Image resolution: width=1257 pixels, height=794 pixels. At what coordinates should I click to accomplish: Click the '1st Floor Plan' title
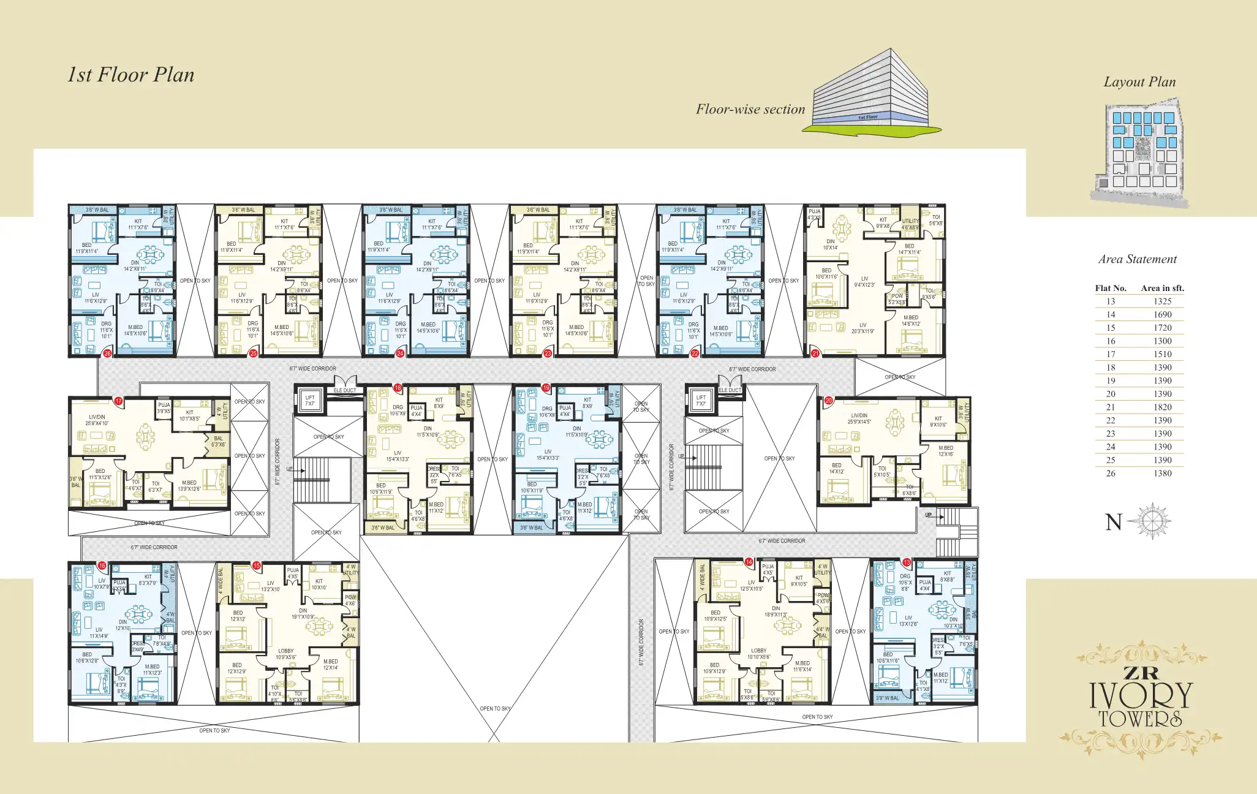(x=130, y=75)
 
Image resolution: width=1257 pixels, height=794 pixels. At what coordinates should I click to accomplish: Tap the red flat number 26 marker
(x=107, y=354)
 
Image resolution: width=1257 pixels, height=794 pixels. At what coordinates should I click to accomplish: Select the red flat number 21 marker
(x=815, y=354)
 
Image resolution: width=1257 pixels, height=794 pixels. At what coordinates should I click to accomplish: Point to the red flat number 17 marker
(x=119, y=401)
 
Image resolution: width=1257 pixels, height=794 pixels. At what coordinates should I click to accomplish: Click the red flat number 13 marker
(x=907, y=562)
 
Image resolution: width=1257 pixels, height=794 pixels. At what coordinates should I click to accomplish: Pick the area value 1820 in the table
(x=1162, y=407)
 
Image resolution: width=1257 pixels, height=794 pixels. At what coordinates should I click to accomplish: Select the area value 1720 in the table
(x=1162, y=328)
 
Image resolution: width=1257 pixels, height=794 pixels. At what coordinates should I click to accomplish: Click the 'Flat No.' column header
(x=1111, y=288)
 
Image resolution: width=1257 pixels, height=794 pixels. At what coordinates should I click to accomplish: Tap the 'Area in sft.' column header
(x=1162, y=288)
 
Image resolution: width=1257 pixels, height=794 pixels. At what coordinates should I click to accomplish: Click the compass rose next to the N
(x=1152, y=521)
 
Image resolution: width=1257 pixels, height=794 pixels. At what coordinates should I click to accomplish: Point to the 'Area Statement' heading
(x=1137, y=259)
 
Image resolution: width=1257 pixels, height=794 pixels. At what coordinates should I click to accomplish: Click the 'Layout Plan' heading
(x=1139, y=82)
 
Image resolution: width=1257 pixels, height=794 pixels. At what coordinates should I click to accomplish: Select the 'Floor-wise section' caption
(x=750, y=109)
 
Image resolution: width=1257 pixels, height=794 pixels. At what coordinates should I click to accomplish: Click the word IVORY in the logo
(x=1141, y=695)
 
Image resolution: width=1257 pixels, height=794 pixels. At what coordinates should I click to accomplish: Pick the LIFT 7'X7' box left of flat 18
(x=310, y=401)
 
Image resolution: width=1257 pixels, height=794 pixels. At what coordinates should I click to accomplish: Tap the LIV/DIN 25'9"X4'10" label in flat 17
(x=97, y=420)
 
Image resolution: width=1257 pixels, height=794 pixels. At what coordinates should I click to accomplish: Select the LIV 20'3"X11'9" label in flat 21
(x=863, y=328)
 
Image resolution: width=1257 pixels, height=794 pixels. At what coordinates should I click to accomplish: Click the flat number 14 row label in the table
(x=1111, y=314)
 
